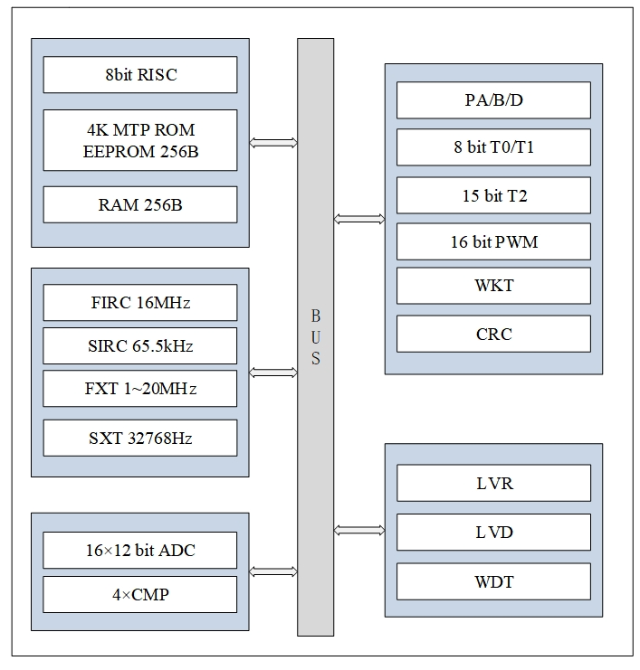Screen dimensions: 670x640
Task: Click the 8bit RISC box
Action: [140, 75]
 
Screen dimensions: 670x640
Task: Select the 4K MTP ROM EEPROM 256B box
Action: [140, 140]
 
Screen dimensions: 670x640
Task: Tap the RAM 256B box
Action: [140, 205]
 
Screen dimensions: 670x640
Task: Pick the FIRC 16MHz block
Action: [140, 302]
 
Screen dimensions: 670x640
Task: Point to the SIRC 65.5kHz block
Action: [140, 345]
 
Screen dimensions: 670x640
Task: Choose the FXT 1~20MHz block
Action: [140, 389]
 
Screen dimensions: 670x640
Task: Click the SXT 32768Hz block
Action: [140, 439]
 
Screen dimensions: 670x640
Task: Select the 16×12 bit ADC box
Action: [140, 550]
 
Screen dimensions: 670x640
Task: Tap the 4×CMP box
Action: [140, 595]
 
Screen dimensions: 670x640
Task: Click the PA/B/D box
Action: [493, 100]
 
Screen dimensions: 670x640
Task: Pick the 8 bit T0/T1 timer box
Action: [493, 146]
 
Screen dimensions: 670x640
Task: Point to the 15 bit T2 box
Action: [493, 195]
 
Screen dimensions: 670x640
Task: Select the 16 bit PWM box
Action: [493, 242]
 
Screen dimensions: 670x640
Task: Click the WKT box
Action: [493, 286]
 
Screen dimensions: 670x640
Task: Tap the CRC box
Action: [493, 334]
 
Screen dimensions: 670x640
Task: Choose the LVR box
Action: [493, 483]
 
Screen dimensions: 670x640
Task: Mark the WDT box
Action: [493, 581]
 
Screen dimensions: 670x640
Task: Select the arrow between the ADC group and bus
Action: [273, 571]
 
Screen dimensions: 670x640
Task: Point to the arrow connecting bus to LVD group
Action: [358, 530]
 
